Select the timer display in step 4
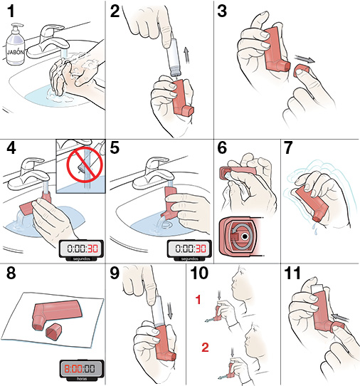81,249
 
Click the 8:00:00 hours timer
80,370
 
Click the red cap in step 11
337,327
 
